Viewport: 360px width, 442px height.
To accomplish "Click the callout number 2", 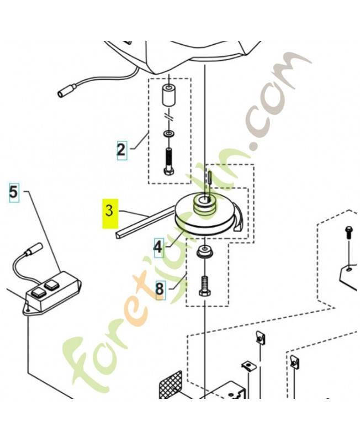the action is tap(121, 150).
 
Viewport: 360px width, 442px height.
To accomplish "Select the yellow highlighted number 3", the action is tap(110, 213).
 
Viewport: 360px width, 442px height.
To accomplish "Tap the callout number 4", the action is tap(158, 247).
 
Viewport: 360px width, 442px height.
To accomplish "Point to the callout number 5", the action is tap(14, 193).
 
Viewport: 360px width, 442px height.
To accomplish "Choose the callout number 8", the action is tap(160, 290).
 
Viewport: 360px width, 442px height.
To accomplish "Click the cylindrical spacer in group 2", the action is tap(168, 96).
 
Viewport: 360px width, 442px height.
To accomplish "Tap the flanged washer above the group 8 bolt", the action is tap(205, 251).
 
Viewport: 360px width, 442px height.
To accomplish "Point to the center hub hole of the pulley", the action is tap(204, 201).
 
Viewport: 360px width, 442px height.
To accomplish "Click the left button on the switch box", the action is tap(38, 293).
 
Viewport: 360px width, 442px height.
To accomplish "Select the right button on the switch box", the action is tap(51, 285).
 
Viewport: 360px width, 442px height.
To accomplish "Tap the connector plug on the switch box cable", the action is tap(33, 249).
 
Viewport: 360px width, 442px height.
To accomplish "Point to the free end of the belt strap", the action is tap(118, 234).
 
